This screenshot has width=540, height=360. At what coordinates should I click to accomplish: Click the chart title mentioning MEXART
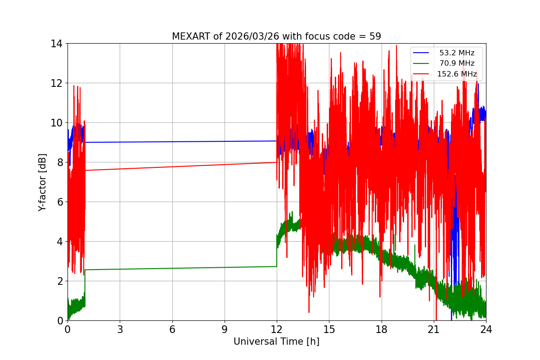276,36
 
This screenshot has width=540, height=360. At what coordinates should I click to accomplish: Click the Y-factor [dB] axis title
42,182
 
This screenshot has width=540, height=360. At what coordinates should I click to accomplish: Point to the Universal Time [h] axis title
276,342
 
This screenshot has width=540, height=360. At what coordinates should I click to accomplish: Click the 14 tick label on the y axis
57,44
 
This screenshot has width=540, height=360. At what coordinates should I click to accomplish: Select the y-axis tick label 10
57,123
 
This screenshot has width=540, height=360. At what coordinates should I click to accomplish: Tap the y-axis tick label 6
59,202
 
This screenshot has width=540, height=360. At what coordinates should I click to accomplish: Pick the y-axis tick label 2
59,281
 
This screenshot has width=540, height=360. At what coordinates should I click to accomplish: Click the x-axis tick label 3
120,329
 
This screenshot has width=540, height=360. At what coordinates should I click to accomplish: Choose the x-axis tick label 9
225,329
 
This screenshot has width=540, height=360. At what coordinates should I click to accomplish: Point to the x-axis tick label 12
277,329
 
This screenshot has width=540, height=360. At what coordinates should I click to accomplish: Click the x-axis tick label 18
382,329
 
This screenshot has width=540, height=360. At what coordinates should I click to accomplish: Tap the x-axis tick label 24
486,329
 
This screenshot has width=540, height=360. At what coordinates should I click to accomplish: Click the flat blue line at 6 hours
172,142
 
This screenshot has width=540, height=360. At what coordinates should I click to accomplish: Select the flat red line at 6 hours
172,166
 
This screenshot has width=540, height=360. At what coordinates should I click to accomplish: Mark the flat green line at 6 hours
172,268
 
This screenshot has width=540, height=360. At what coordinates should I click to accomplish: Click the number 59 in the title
375,36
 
